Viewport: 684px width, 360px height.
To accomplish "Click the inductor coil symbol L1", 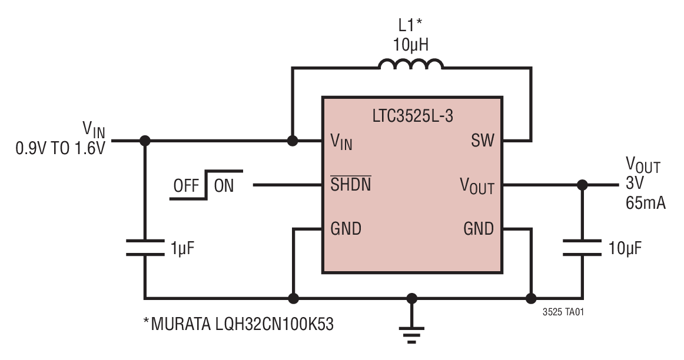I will coord(411,64).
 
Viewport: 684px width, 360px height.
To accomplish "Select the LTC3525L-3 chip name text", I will coord(412,116).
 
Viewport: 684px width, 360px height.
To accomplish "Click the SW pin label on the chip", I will coord(483,141).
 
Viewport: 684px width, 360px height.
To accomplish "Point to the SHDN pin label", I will coord(351,186).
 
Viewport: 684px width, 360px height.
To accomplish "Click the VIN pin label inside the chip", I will coord(341,142).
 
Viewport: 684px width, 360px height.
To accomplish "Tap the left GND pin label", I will coord(346,228).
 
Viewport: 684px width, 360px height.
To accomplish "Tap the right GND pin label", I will coord(479,228).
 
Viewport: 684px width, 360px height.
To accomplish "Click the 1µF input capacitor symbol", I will coord(145,248).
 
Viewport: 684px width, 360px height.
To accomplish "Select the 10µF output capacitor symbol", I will coord(582,248).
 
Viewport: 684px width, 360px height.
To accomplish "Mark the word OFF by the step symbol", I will coord(186,186).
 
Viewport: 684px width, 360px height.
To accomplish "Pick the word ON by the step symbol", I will coord(224,186).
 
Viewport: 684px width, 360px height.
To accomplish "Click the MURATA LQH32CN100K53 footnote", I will coord(238,324).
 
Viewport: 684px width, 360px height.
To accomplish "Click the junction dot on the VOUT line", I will coord(582,185).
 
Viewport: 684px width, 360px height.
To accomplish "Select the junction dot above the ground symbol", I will coord(412,298).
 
